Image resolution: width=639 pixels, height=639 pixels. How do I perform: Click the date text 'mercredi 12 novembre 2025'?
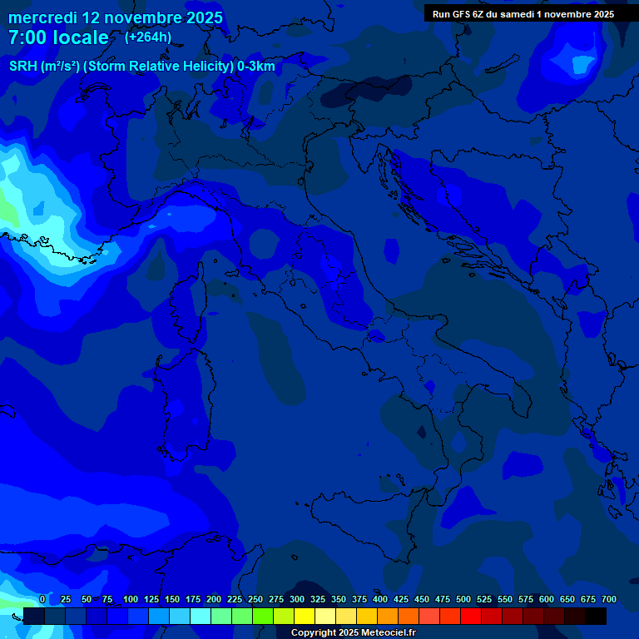pos(116,17)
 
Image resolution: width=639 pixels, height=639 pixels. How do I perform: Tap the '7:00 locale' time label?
pos(58,37)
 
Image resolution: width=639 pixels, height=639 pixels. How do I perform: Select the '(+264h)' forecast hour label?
pos(148,37)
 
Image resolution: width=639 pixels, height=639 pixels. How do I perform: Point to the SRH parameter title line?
pos(141,67)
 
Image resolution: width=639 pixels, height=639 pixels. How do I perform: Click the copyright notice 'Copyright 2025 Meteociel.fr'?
pos(353,632)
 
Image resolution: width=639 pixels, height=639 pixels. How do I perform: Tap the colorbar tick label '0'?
pos(42,599)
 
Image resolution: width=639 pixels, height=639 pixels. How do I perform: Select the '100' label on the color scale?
pos(131,599)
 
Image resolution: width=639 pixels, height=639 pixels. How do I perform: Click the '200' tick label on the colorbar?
pos(214,599)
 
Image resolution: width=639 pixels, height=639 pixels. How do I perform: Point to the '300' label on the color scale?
pos(297,599)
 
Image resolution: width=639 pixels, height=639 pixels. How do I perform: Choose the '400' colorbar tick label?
pos(380,599)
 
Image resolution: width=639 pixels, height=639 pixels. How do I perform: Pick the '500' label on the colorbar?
pos(463,599)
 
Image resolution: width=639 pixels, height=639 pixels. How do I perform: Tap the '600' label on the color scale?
pos(547,599)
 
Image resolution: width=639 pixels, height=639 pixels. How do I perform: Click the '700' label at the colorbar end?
pos(608,599)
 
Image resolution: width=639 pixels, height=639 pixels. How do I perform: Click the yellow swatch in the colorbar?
pos(305,616)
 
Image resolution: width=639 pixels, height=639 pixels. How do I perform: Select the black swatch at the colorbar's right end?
pos(596,616)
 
